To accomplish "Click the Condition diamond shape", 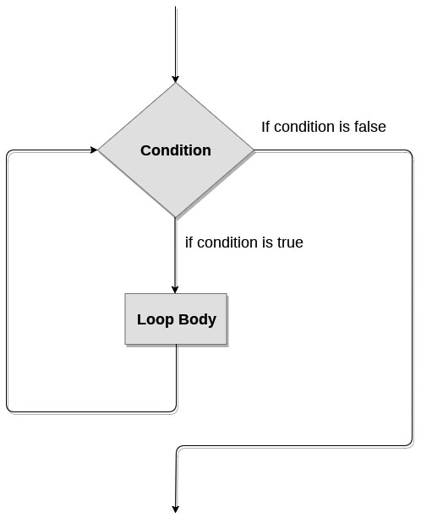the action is click(176, 150).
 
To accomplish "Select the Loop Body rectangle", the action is click(176, 319).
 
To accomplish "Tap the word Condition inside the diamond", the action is click(176, 150).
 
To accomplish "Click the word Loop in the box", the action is click(156, 319).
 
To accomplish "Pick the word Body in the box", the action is click(197, 319).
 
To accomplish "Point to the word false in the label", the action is click(370, 127).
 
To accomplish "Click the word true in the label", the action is click(290, 242).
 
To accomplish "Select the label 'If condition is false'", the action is click(324, 127).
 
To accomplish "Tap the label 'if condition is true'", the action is click(244, 242).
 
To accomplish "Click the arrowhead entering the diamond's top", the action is click(176, 79).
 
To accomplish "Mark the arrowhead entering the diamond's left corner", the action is click(94, 150).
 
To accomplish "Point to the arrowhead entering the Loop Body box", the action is click(175, 290).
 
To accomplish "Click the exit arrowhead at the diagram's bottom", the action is click(176, 509).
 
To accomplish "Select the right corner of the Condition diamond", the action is click(254, 150).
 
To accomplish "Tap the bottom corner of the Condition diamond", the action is click(176, 218).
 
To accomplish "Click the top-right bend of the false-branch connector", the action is click(411, 152).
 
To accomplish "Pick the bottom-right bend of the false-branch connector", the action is click(411, 444).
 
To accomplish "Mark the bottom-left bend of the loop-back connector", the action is click(8, 411).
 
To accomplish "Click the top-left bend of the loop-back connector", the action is click(8, 152).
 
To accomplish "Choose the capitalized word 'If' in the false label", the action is click(265, 127).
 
